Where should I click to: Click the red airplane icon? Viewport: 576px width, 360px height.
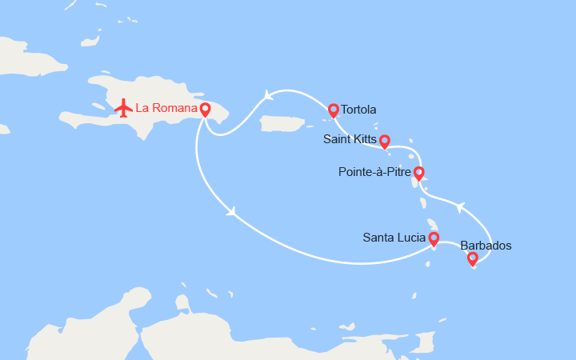point(123,108)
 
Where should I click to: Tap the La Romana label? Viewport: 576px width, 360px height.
point(166,108)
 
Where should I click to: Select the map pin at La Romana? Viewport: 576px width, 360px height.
point(205,110)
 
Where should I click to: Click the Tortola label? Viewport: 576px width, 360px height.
point(358,110)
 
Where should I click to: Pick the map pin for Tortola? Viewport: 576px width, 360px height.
point(334,110)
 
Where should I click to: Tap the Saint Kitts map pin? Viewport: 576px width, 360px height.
point(384,142)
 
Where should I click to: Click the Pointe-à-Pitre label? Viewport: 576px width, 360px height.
point(374,171)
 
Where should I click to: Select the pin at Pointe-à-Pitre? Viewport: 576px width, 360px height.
point(418,172)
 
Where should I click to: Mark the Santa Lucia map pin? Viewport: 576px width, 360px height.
point(434,238)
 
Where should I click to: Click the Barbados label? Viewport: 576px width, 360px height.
point(486,246)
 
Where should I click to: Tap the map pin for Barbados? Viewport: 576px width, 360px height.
point(472,258)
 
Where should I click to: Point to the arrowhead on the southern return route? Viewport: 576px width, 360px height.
point(231,212)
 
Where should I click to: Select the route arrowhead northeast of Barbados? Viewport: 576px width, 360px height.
point(459,207)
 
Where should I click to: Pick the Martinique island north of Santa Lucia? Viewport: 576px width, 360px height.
point(433,224)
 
